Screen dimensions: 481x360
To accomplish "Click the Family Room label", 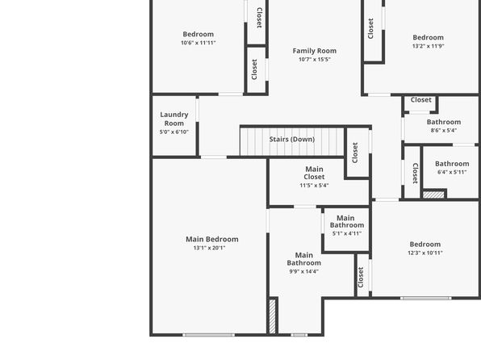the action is pos(315,51).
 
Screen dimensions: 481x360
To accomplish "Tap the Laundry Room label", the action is pos(174,119).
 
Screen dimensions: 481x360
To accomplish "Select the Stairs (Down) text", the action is pos(292,140).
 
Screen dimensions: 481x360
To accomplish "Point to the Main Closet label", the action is pos(314,173).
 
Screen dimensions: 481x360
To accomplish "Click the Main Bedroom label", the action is pos(212,239).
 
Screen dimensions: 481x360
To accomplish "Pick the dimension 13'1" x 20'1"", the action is pos(210,248).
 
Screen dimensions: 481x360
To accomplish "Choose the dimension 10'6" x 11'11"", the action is pos(199,43).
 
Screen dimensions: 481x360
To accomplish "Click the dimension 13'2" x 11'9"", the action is pos(429,46).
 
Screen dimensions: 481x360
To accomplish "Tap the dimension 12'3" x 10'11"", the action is pos(425,253).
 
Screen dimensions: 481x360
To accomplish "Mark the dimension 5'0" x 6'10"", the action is pos(174,132).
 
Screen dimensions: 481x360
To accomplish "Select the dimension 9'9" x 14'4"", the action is pos(304,271).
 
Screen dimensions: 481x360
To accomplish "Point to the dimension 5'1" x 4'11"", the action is pos(347,233).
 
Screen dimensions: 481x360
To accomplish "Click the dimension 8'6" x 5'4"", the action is pos(444,130).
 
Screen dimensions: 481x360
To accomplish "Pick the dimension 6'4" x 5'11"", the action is pos(452,172).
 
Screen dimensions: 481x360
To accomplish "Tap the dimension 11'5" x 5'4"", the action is pos(314,186).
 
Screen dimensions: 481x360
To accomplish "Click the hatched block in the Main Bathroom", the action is pos(273,316).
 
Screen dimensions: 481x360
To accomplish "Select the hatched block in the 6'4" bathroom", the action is pos(433,195).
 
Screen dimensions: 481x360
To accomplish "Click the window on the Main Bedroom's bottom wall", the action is pos(208,335).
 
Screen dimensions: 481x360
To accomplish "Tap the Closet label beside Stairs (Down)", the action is pos(355,153).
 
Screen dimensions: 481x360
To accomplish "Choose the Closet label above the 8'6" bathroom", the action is pos(421,100).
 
